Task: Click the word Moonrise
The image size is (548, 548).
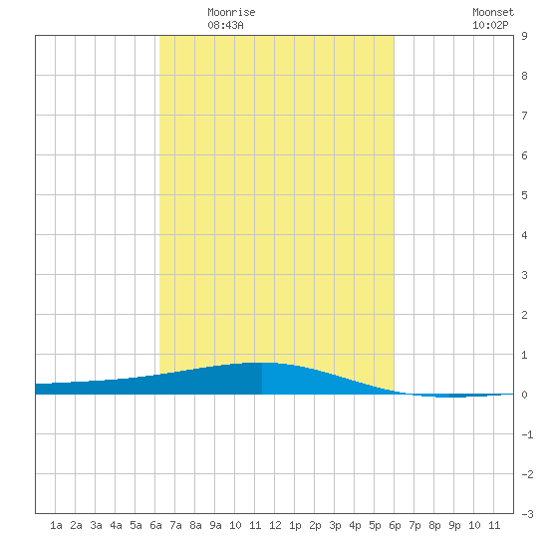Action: (231, 12)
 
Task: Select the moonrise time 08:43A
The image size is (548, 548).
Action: (225, 25)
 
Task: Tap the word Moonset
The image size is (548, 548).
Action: (493, 12)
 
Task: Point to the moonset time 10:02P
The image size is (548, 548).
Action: (490, 25)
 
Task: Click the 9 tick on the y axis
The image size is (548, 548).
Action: (524, 36)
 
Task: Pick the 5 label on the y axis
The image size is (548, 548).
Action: (524, 195)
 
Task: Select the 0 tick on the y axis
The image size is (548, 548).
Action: (524, 395)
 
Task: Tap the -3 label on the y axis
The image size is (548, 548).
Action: (527, 514)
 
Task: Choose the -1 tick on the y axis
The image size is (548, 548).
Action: (527, 434)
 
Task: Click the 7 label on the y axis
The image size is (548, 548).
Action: (524, 116)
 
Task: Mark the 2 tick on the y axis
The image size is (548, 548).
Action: (524, 315)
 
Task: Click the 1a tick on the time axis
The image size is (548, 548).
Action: (56, 525)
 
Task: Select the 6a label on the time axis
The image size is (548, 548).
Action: (155, 525)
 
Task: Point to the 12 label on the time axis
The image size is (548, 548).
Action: (275, 525)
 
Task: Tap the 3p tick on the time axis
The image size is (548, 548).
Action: (335, 525)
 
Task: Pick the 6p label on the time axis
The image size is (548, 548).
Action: (395, 525)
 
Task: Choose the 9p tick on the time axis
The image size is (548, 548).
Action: (454, 525)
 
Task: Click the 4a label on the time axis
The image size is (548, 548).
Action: (116, 525)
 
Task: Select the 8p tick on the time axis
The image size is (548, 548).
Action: (434, 525)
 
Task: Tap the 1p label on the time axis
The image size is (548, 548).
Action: (295, 525)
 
